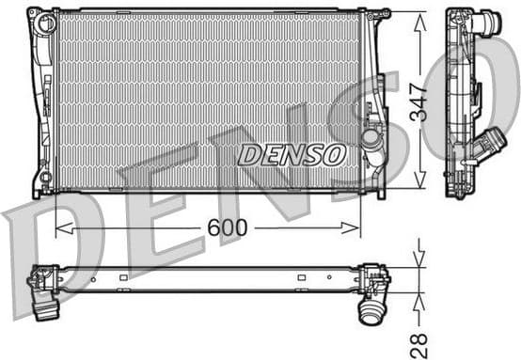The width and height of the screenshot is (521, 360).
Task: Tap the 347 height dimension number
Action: (418, 101)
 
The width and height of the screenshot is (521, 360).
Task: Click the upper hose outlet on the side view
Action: (487, 23)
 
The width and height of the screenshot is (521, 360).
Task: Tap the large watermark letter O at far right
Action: (494, 103)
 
